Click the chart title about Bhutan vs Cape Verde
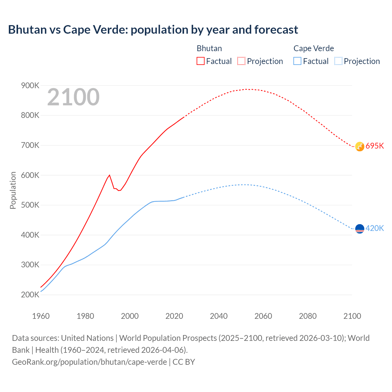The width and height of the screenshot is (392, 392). tap(153, 30)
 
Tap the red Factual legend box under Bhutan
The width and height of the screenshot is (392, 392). tap(200, 61)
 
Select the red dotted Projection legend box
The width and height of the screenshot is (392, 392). tap(241, 61)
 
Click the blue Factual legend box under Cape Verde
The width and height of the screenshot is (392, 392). tap(297, 61)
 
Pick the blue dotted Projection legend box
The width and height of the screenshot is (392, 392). tap(338, 61)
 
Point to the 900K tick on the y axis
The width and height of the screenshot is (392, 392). tap(30, 86)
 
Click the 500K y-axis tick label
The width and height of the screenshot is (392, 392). tap(30, 205)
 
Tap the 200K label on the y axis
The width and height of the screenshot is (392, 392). tap(30, 295)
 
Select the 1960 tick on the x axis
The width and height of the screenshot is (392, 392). tap(41, 316)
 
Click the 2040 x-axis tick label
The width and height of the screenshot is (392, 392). tap(219, 316)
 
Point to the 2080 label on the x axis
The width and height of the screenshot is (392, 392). tap(307, 316)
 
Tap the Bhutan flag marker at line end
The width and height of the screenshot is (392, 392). tap(360, 146)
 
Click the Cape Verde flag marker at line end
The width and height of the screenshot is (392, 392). tap(360, 229)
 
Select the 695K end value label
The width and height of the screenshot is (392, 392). tap(375, 146)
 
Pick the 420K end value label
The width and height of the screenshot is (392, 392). tap(375, 228)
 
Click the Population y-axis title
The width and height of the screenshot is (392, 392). tap(13, 190)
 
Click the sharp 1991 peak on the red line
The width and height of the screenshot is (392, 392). tap(109, 175)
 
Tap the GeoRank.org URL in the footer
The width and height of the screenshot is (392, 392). tap(89, 362)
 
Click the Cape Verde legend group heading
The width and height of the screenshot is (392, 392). tap(314, 48)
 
